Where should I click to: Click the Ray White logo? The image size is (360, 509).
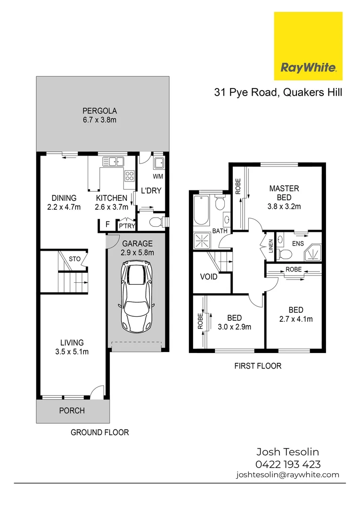(308, 46)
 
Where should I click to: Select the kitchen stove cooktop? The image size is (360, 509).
(129, 176)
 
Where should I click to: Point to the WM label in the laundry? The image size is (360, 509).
(158, 177)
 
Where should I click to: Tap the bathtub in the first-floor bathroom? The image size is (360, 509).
(201, 212)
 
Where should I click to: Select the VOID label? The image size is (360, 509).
(209, 277)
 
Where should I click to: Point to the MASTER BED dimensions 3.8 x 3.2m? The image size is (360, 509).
(284, 206)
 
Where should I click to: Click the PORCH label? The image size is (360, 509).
(72, 410)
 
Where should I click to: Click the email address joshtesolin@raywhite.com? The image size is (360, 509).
(287, 475)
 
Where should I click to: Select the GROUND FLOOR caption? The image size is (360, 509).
(99, 432)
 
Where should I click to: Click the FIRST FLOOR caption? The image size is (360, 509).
(258, 366)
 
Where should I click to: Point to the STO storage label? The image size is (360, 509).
(75, 259)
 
